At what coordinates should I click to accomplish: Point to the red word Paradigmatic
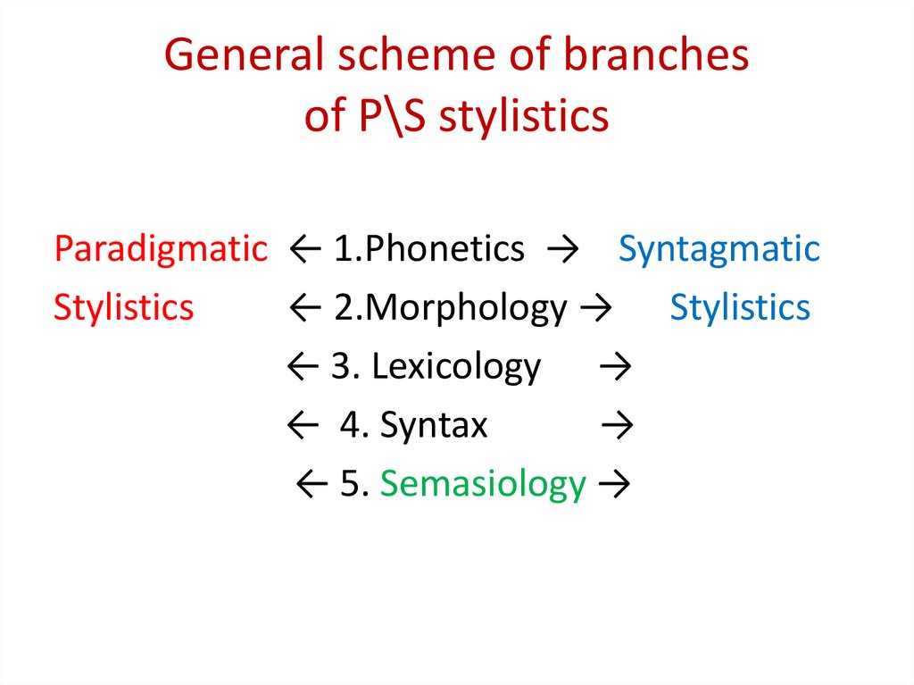click(x=161, y=249)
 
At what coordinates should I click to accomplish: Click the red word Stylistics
click(x=123, y=307)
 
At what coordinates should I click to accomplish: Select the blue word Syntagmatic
click(x=719, y=249)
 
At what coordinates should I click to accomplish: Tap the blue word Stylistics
click(x=740, y=307)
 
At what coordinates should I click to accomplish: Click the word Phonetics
click(x=445, y=249)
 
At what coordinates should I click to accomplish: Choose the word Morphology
click(x=466, y=308)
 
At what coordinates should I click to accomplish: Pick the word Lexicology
click(x=456, y=366)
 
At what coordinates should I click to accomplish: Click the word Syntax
click(x=434, y=425)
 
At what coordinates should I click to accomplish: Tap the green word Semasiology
click(x=483, y=484)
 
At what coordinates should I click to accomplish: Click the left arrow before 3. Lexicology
click(x=303, y=367)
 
